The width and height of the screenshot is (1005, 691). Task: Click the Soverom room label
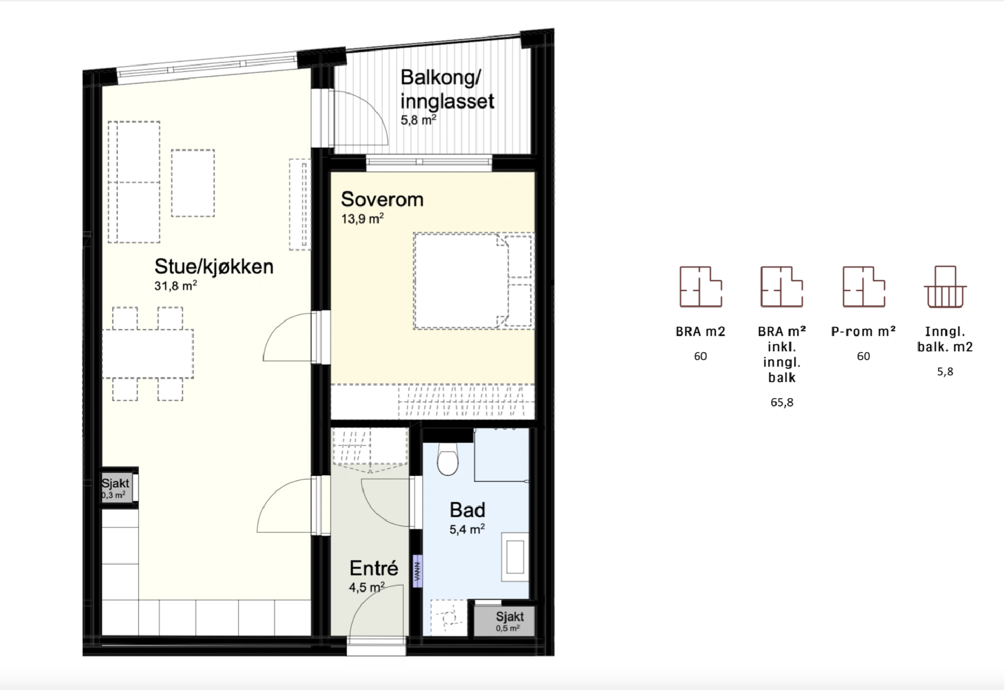[382, 199]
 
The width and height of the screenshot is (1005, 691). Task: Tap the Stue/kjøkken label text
[214, 266]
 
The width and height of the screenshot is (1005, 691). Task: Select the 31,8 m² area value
[176, 286]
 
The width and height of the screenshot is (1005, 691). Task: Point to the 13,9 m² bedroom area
[363, 219]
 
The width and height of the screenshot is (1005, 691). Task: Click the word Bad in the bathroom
[467, 509]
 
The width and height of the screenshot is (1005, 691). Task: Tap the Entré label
[374, 568]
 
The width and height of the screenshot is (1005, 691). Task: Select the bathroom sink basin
[515, 557]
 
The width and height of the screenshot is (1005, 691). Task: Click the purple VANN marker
[417, 571]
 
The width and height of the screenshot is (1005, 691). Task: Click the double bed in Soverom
[473, 280]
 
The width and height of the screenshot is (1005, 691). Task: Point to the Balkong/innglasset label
[447, 89]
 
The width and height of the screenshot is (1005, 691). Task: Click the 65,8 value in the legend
[782, 402]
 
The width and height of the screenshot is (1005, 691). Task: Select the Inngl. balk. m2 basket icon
[945, 287]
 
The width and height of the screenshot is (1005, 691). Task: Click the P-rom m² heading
[863, 331]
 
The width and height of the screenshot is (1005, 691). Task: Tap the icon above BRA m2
[701, 287]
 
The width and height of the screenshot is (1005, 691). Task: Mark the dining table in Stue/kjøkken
[148, 353]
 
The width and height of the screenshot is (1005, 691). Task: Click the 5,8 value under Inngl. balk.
[945, 372]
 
